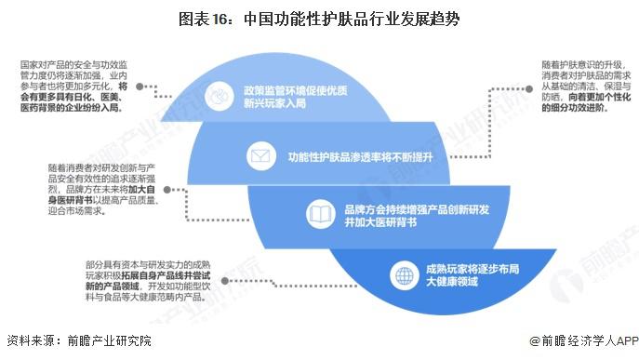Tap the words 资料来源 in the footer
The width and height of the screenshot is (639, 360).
pos(28,342)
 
